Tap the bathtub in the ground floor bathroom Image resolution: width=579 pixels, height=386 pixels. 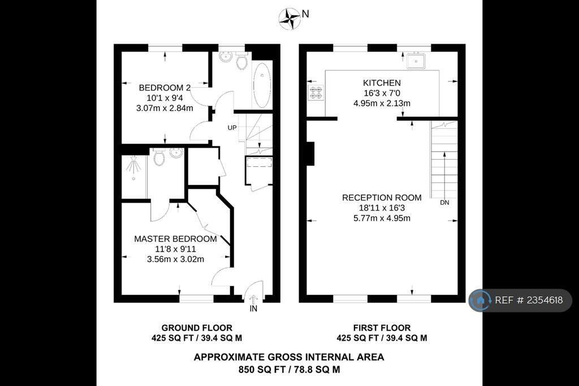[261, 85]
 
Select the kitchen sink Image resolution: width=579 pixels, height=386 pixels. [417, 59]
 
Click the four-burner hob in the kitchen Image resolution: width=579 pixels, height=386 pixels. [316, 92]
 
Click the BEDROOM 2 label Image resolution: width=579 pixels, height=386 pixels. [165, 88]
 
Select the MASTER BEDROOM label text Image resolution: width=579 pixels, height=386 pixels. [175, 239]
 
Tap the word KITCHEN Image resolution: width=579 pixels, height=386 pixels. [382, 83]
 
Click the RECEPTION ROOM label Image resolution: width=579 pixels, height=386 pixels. [382, 198]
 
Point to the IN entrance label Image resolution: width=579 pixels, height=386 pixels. [253, 309]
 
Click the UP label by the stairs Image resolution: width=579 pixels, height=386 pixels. [232, 128]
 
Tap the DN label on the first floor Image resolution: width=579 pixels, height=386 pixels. [444, 203]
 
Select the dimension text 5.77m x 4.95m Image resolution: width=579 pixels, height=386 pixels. [382, 218]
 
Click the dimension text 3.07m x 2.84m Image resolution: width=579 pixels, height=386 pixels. [165, 108]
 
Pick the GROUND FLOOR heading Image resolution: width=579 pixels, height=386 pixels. [197, 328]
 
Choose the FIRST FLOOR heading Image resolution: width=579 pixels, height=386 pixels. [382, 328]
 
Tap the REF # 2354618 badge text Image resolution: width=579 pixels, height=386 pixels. [529, 301]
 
